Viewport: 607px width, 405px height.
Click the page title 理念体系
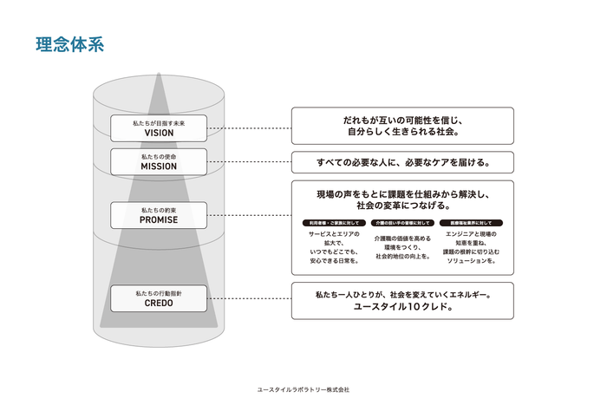70,45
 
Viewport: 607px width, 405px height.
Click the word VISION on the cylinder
159,134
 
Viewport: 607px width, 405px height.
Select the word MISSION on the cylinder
159,167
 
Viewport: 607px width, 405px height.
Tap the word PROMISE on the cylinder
159,220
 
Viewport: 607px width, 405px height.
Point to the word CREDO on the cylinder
159,304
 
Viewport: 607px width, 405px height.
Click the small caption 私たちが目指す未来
159,123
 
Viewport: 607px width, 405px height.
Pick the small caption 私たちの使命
159,156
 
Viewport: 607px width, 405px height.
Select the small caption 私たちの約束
159,210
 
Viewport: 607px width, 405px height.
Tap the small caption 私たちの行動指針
159,293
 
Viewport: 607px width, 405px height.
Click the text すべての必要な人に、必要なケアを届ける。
402,162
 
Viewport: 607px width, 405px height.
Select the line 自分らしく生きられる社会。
402,133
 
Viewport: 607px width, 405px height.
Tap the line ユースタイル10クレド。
402,306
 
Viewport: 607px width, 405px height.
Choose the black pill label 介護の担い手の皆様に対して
402,223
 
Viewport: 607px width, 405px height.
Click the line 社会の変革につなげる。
402,206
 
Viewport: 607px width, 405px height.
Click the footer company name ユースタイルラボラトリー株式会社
303,389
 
